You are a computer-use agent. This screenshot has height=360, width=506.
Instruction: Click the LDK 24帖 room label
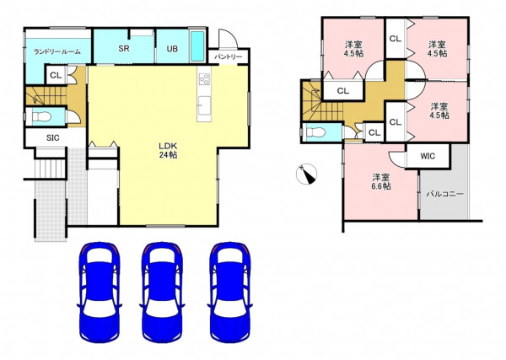(168, 150)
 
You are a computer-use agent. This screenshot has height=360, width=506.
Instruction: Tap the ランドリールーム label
(57, 51)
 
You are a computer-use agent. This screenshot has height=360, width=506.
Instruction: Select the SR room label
(124, 48)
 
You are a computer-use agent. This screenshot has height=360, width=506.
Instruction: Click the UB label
(172, 49)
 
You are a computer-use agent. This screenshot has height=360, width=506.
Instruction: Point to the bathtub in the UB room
(197, 46)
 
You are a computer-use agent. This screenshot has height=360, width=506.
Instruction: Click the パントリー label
(229, 56)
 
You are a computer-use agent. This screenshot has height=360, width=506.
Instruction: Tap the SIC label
(53, 137)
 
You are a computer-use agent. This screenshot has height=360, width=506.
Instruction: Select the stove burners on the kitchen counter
(205, 78)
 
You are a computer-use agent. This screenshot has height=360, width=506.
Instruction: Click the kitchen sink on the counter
(204, 105)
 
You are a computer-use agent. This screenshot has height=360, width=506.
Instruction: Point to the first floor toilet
(41, 116)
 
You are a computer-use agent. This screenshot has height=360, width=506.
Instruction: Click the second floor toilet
(315, 132)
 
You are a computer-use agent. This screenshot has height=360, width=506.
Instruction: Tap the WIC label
(428, 156)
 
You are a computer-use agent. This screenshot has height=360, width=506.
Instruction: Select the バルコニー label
(445, 194)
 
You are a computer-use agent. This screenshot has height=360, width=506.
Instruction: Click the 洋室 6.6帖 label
(381, 181)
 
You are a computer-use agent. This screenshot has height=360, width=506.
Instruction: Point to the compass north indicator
(307, 175)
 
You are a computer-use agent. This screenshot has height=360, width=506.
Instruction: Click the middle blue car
(162, 292)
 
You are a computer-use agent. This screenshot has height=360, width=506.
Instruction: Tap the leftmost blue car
(100, 292)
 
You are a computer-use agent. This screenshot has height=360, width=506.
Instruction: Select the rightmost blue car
(229, 292)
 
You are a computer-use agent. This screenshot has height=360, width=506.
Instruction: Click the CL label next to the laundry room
(56, 76)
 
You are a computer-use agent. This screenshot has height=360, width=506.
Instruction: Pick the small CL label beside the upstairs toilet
(374, 132)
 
